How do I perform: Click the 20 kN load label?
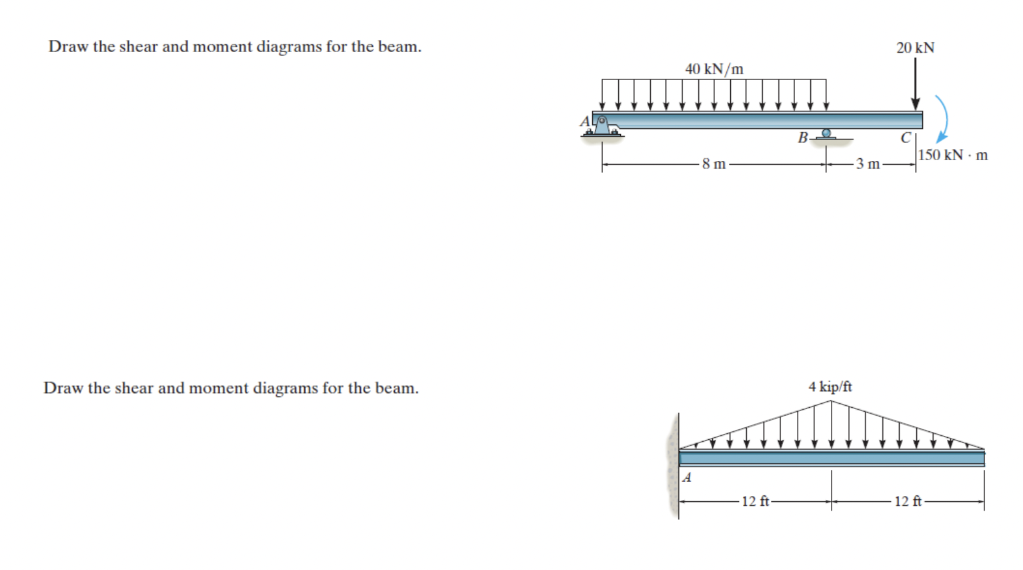915,47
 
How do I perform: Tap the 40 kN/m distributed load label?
714,69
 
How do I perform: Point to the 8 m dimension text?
714,164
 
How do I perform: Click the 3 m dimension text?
868,164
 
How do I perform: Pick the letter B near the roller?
803,137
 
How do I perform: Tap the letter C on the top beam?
906,137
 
